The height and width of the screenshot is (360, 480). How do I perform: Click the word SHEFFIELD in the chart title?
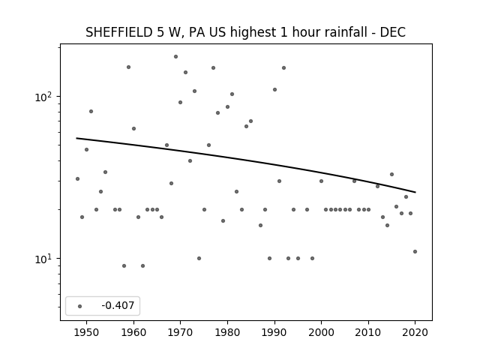(118, 32)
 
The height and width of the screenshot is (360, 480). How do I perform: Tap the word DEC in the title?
(393, 32)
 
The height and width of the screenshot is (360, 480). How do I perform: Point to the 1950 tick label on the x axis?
(87, 332)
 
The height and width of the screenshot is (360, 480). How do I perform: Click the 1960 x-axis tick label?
(133, 332)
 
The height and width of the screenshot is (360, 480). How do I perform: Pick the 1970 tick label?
(180, 332)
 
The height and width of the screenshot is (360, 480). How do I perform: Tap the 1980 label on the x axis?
(227, 332)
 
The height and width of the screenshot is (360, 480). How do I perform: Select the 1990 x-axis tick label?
(274, 332)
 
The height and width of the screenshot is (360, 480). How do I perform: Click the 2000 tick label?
(322, 332)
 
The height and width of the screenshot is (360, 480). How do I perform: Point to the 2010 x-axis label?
(368, 332)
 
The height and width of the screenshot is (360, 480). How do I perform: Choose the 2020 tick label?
(415, 332)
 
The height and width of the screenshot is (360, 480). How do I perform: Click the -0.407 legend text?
(118, 305)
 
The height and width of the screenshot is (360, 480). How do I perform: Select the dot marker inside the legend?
(80, 306)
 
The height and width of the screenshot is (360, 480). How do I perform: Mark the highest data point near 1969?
(175, 57)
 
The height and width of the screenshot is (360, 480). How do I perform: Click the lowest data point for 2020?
(415, 252)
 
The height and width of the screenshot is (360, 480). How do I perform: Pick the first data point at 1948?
(77, 178)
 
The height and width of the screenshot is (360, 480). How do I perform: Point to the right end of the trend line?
(415, 192)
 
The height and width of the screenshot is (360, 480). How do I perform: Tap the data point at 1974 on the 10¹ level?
(199, 258)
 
